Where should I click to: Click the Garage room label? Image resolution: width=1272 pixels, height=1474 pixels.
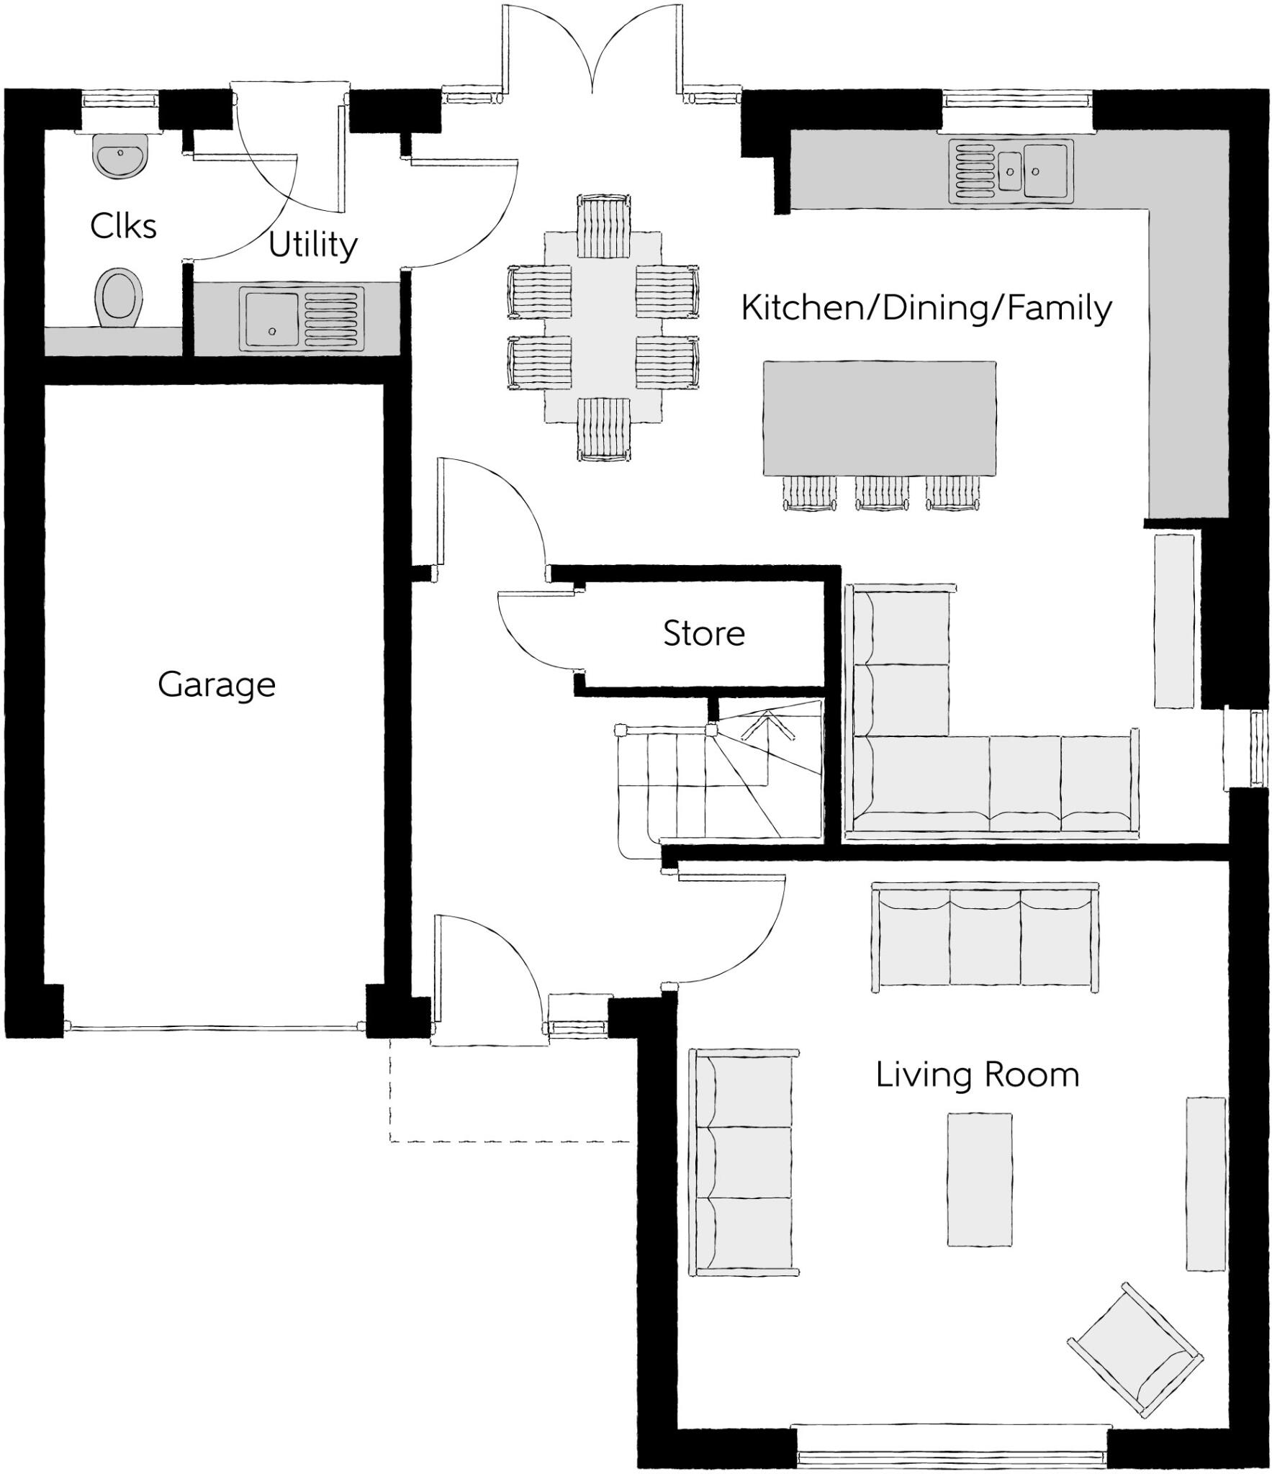pyautogui.click(x=216, y=684)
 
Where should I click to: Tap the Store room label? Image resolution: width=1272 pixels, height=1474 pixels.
pyautogui.click(x=703, y=633)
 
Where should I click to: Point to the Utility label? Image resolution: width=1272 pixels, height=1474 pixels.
pyautogui.click(x=312, y=245)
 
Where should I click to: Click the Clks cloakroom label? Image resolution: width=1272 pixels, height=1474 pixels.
pyautogui.click(x=123, y=226)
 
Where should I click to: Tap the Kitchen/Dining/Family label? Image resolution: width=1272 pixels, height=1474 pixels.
pyautogui.click(x=926, y=308)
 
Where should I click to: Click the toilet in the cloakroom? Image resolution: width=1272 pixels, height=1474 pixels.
pyautogui.click(x=118, y=298)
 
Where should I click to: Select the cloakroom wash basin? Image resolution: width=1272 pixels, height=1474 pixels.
pyautogui.click(x=121, y=156)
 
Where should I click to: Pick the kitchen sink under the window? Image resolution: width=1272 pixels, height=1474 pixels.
pyautogui.click(x=1010, y=170)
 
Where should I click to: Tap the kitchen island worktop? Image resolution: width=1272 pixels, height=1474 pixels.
pyautogui.click(x=879, y=417)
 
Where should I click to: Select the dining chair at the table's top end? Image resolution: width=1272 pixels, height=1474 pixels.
pyautogui.click(x=603, y=225)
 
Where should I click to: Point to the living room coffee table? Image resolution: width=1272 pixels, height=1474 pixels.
pyautogui.click(x=978, y=1180)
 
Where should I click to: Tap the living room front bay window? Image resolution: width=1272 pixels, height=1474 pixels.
pyautogui.click(x=951, y=1455)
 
